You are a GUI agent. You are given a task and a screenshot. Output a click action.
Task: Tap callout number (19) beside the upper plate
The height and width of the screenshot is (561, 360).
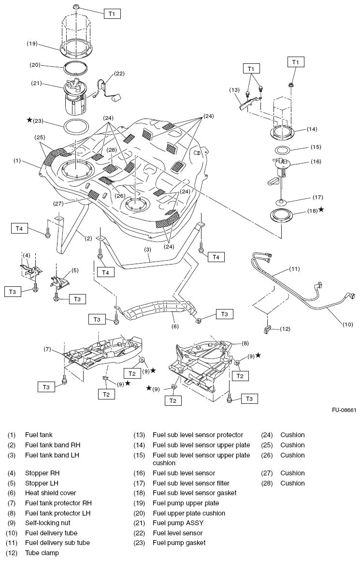click(x=32, y=44)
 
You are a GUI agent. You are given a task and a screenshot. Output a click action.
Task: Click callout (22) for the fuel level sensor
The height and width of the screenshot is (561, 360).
click(x=119, y=74)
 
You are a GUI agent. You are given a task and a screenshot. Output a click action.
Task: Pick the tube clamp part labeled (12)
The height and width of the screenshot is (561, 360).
click(x=267, y=330)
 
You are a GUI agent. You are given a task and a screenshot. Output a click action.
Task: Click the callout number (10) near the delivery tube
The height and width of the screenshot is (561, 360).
click(x=348, y=325)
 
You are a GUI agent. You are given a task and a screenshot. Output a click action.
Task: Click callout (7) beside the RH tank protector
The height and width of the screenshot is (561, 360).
click(x=47, y=349)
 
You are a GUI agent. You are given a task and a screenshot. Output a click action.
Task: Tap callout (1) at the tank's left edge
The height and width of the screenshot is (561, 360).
click(x=17, y=160)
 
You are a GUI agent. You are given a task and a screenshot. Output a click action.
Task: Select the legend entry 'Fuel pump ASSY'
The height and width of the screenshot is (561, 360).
click(x=178, y=523)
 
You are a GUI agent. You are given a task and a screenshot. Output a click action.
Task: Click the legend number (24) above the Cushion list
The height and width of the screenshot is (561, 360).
click(x=268, y=435)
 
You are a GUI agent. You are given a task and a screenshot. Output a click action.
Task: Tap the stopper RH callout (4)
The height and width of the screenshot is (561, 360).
click(x=27, y=255)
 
